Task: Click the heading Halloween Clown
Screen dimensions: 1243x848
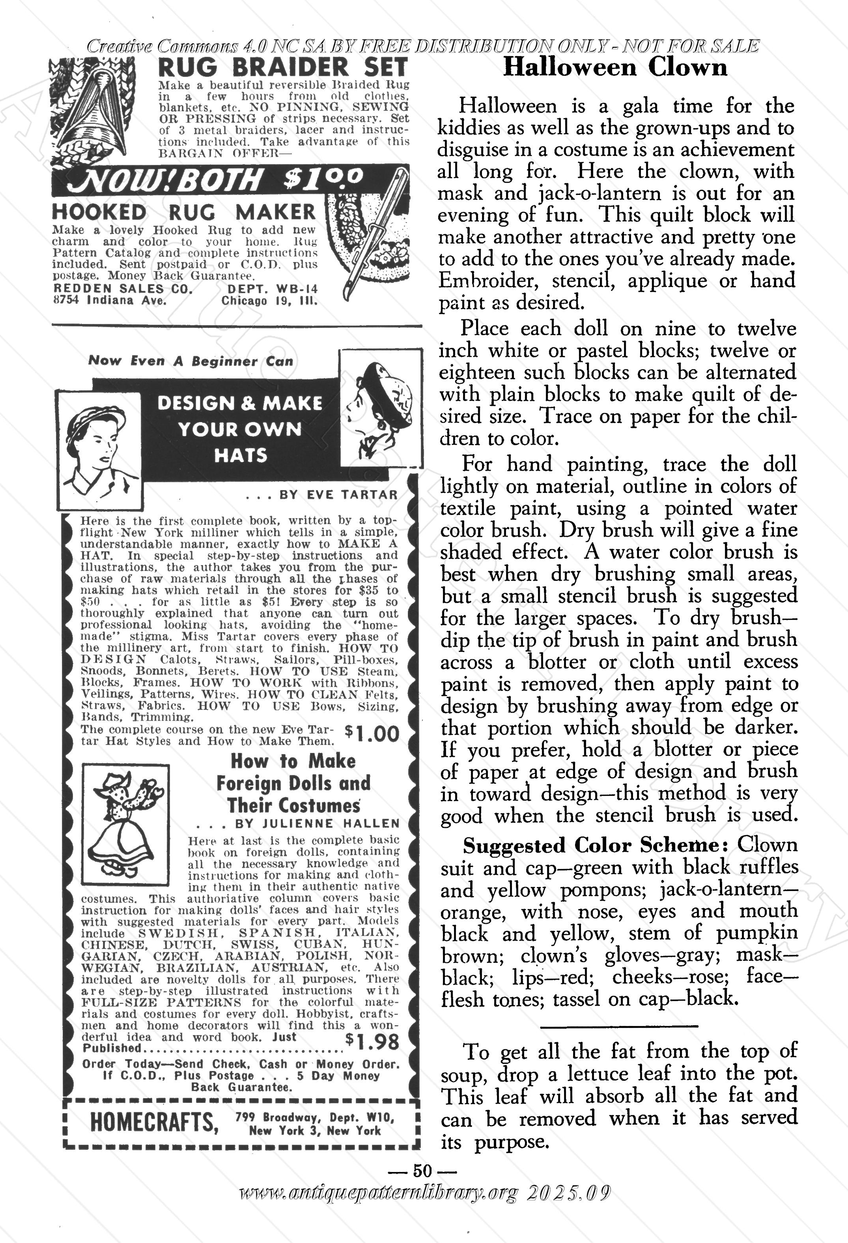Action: [615, 67]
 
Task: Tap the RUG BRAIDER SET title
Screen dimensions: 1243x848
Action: [283, 67]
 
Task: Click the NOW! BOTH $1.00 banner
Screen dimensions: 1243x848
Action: [214, 179]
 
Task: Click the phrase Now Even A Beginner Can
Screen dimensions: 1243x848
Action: [191, 361]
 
